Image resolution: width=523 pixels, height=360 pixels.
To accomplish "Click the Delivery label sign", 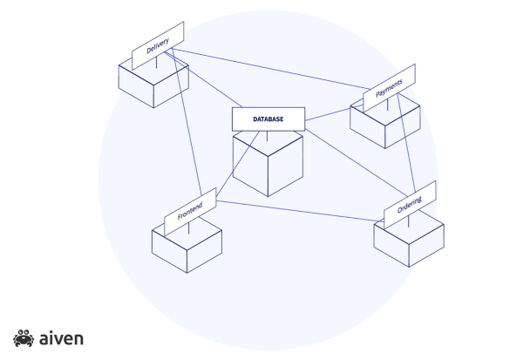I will tap(158, 44).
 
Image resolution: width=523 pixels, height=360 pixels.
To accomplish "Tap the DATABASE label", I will tap(268, 119).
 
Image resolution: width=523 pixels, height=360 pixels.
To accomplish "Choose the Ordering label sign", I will tap(410, 204).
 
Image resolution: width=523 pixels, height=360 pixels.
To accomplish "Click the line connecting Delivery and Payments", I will tap(270, 69).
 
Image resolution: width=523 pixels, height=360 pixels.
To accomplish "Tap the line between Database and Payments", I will tap(329, 114).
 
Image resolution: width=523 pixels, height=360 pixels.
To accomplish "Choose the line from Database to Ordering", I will tap(349, 161).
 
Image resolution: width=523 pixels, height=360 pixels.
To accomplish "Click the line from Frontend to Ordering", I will tap(296, 211).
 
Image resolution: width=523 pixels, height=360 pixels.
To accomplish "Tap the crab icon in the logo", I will tap(23, 336).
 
